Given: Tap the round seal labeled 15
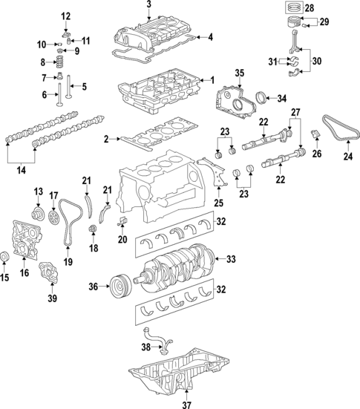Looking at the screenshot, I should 6,258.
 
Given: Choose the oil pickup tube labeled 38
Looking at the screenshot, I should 159,343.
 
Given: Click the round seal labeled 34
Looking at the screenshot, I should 261,97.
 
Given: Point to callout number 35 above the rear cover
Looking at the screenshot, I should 239,73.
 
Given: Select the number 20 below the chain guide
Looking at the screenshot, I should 122,239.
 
